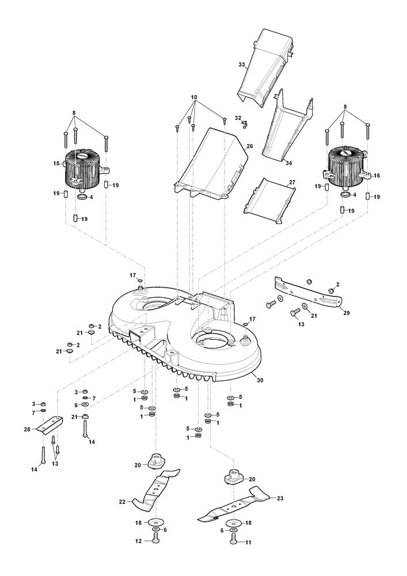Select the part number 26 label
tap(250, 146)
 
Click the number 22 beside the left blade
tap(122, 502)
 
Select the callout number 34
tap(288, 163)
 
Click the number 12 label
tap(139, 541)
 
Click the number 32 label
tap(238, 118)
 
